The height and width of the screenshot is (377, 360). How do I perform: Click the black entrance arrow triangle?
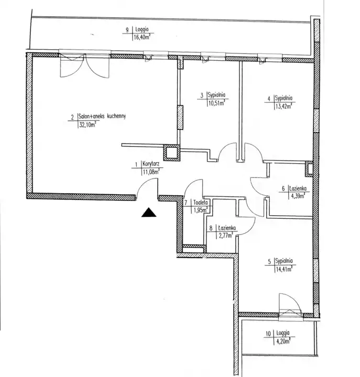[149, 212]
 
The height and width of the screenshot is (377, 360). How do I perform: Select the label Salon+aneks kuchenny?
[102, 116]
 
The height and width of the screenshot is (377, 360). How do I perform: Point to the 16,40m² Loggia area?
[142, 38]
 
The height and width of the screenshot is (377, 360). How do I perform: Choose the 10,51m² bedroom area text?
[216, 103]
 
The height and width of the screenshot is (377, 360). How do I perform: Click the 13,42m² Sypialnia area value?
[283, 106]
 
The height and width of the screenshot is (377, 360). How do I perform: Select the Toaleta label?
[201, 203]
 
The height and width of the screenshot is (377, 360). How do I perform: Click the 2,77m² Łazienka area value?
[225, 236]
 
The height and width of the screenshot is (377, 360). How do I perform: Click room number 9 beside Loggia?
[127, 30]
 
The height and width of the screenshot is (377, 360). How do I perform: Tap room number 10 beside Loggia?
[268, 334]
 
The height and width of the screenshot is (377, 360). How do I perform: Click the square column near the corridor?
[171, 153]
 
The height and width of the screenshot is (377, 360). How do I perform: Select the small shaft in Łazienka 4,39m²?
[309, 169]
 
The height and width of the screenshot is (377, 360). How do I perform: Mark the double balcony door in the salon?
[85, 65]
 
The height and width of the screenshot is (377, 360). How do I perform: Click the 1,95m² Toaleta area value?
[201, 210]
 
